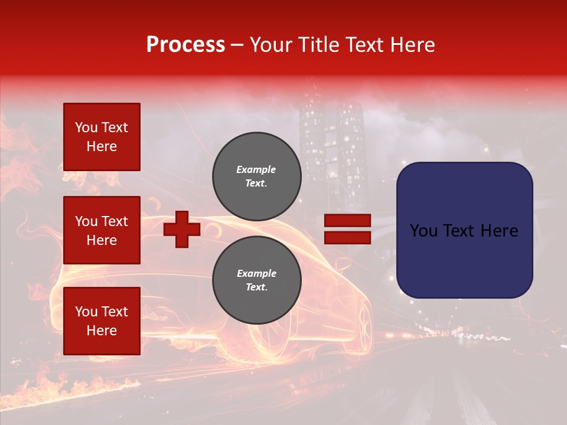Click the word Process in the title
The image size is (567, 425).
coord(185,45)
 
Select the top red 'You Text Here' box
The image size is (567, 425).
coord(102,137)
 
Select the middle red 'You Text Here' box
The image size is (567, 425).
coord(102,230)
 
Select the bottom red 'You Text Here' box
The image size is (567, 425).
coord(102,321)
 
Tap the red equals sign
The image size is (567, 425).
coord(347,229)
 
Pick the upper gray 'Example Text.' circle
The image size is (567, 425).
coord(256,176)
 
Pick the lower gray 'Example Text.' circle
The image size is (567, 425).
coord(256,280)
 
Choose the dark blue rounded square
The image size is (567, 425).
coord(464,230)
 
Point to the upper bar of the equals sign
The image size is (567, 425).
coord(347,221)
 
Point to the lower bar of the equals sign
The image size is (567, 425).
coord(347,237)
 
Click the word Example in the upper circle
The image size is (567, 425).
coord(256,169)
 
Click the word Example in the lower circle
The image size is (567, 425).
coord(256,273)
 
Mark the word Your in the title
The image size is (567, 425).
coord(272,45)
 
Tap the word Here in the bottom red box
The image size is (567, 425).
coord(102,331)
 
